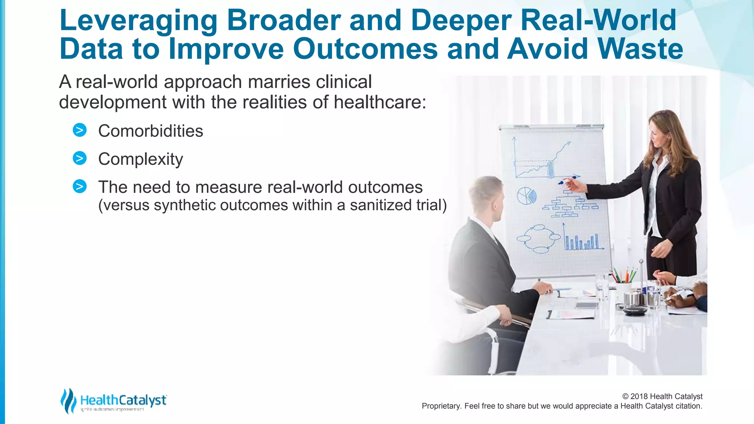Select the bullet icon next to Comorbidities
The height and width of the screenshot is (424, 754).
[80, 130]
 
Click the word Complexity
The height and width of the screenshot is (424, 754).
[140, 159]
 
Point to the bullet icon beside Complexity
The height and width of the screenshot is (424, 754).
[80, 158]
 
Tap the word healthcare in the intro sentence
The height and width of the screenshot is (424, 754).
[379, 102]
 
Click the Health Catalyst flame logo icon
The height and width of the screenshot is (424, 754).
[68, 400]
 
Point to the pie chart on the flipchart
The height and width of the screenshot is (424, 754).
[526, 195]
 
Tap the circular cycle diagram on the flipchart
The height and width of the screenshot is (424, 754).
[539, 239]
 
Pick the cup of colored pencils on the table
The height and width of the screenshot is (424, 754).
[623, 283]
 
